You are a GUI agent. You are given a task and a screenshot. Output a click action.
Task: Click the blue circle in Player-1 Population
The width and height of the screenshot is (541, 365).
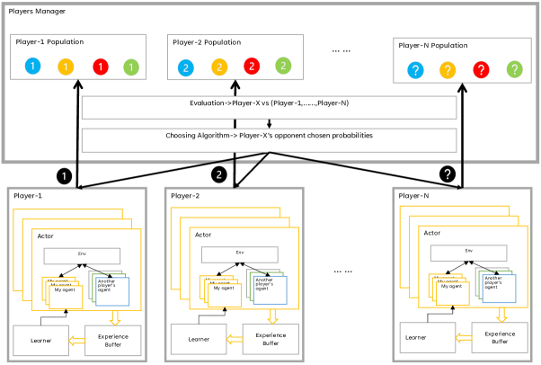[32, 67]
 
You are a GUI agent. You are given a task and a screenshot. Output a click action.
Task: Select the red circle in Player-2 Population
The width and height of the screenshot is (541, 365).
[253, 67]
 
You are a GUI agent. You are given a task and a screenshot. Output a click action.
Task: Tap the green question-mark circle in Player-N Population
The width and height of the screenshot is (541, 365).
[513, 68]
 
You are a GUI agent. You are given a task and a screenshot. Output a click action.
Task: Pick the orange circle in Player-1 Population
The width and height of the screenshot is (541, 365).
[67, 67]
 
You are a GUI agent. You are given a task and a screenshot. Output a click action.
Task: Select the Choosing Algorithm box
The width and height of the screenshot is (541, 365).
[269, 136]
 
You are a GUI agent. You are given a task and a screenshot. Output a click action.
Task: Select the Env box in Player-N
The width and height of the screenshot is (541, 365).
[468, 251]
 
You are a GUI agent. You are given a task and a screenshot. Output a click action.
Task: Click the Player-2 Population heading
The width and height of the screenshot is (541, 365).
[206, 42]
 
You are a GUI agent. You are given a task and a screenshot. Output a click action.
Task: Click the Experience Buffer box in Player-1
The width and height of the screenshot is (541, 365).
[113, 340]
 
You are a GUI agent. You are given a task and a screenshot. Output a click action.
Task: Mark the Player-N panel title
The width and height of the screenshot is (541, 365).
[414, 195]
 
